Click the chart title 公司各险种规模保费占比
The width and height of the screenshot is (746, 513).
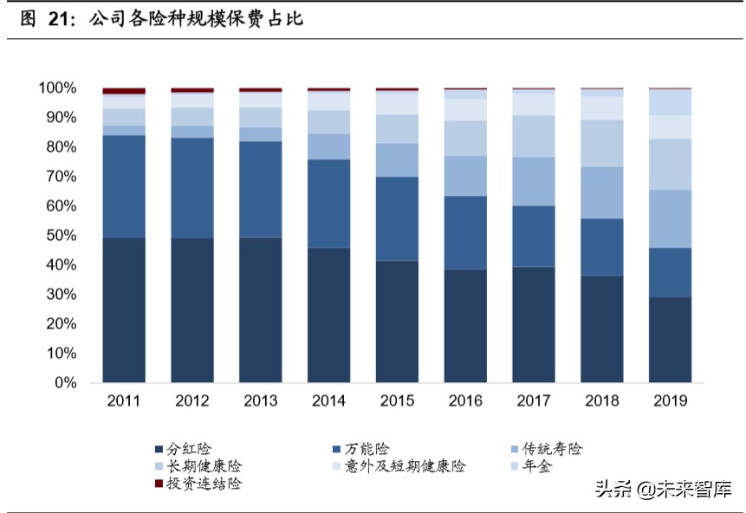[x=195, y=17]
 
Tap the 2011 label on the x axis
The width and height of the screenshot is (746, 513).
[x=124, y=400]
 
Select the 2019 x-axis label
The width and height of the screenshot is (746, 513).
[x=670, y=400]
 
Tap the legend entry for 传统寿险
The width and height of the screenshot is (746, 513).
[x=552, y=449]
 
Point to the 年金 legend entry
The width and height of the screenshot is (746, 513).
[x=536, y=466]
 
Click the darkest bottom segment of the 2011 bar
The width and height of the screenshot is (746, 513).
[x=124, y=309]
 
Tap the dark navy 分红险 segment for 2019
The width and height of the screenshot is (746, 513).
[x=670, y=340]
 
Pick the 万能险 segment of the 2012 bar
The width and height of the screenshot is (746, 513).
[x=192, y=188]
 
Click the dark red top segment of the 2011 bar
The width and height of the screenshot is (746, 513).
[x=124, y=91]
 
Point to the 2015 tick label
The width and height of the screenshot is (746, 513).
[x=397, y=400]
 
